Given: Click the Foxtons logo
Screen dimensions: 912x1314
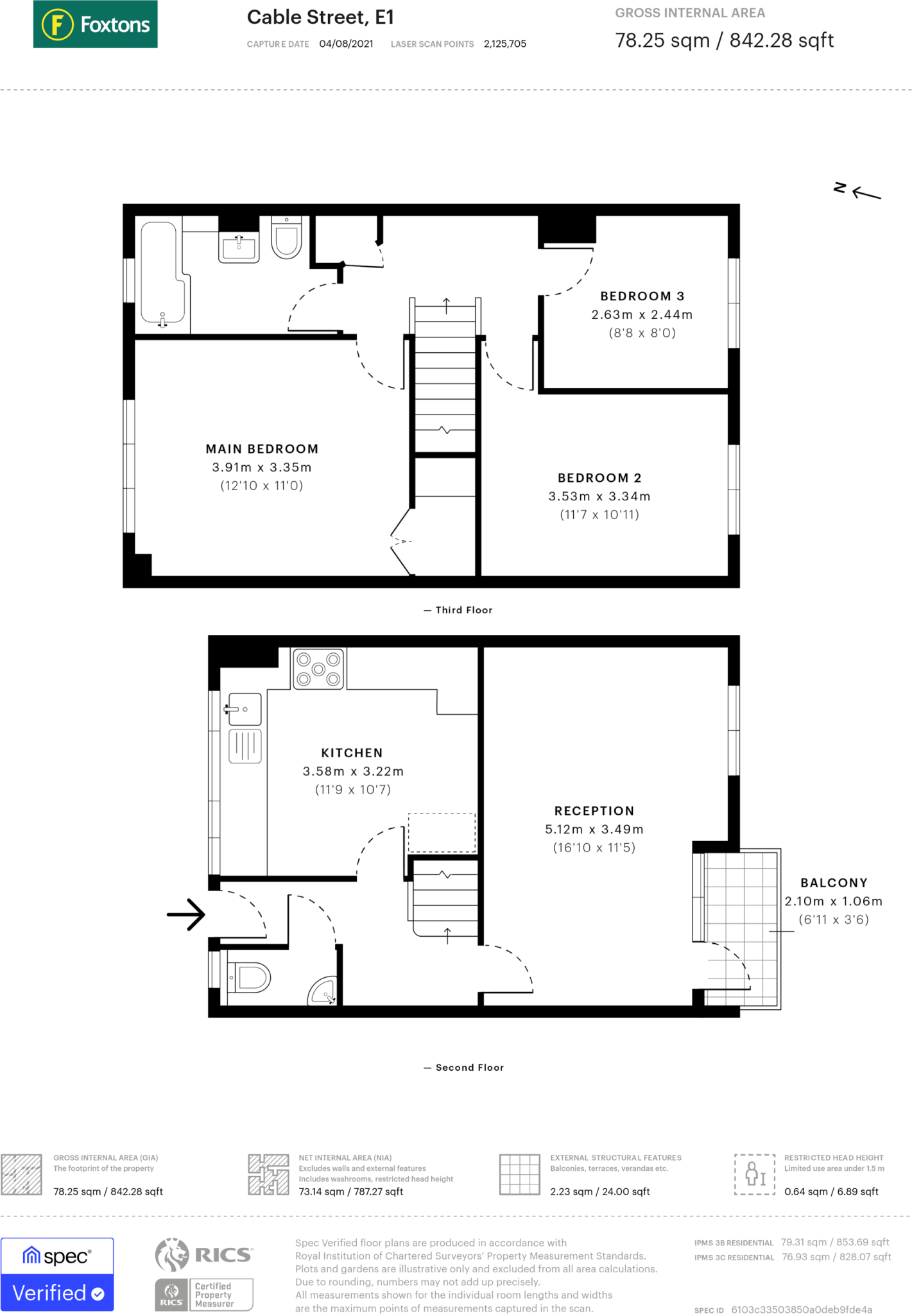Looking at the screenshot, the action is pyautogui.click(x=95, y=24).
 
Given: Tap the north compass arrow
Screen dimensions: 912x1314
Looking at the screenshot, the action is pyautogui.click(x=866, y=192).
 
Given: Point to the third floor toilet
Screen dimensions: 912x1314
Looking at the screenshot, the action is pyautogui.click(x=286, y=237).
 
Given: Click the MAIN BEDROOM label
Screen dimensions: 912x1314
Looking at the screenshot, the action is pyautogui.click(x=262, y=449).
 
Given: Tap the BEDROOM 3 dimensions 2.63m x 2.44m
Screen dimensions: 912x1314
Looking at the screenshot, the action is pyautogui.click(x=642, y=314).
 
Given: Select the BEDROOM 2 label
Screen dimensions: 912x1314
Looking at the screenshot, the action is pyautogui.click(x=599, y=478).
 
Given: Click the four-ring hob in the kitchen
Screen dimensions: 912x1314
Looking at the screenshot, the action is pyautogui.click(x=318, y=669).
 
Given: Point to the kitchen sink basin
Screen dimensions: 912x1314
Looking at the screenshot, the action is pyautogui.click(x=245, y=710).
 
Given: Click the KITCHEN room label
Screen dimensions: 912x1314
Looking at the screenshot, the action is pyautogui.click(x=352, y=753).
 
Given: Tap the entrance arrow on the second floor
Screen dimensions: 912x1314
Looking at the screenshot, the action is pyautogui.click(x=186, y=914).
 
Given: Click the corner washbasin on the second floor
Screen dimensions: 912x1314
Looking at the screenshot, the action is pyautogui.click(x=323, y=991).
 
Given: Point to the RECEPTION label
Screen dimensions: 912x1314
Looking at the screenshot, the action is pyautogui.click(x=594, y=811).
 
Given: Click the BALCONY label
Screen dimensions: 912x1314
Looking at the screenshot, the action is pyautogui.click(x=834, y=883).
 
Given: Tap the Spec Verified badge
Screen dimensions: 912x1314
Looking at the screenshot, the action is pyautogui.click(x=57, y=1274).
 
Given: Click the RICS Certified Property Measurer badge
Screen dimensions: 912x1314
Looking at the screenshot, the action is pyautogui.click(x=204, y=1274).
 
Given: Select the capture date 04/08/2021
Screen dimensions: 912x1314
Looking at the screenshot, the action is pyautogui.click(x=346, y=44).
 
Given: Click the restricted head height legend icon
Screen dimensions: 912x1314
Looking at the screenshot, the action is pyautogui.click(x=755, y=1174).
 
